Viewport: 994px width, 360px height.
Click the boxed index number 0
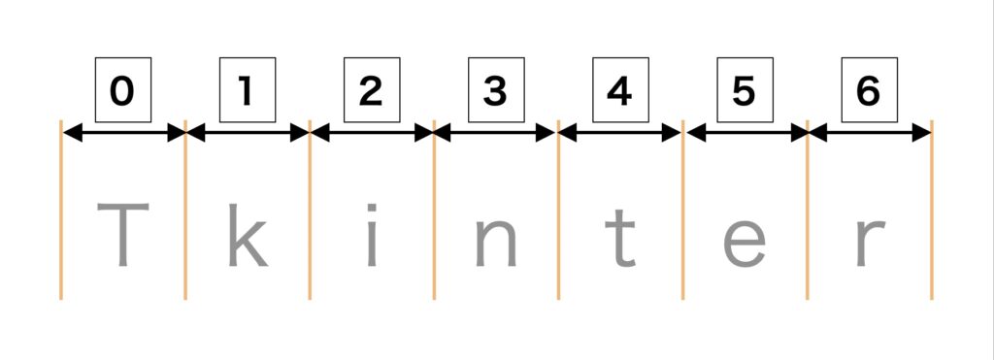click(122, 91)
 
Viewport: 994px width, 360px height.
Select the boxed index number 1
click(247, 91)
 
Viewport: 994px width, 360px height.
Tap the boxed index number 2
click(371, 91)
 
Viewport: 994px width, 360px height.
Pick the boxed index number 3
click(495, 91)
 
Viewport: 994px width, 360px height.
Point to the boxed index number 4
click(620, 91)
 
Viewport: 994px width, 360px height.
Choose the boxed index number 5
click(745, 91)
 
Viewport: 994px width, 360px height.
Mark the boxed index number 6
click(869, 91)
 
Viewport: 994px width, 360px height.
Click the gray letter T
click(122, 236)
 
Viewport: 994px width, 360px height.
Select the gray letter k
click(247, 236)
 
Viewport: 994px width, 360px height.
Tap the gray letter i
click(371, 236)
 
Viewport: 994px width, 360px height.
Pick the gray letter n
click(495, 243)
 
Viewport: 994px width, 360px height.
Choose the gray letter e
click(745, 244)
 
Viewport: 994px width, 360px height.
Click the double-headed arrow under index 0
click(123, 134)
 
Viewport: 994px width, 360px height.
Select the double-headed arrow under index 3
click(496, 134)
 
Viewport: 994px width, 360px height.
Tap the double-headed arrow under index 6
click(870, 134)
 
